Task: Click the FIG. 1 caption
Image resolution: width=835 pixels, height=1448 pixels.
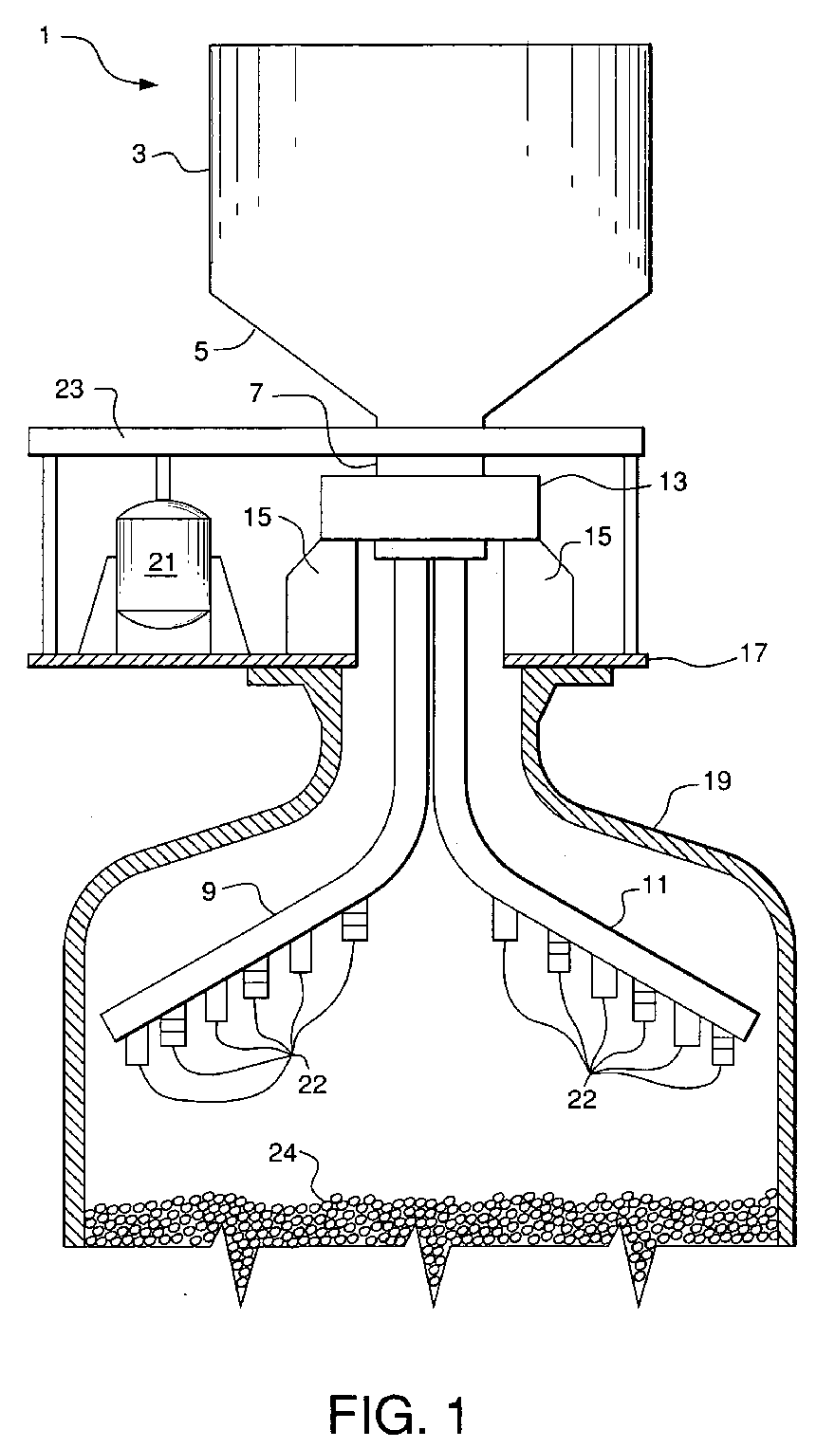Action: (x=398, y=1413)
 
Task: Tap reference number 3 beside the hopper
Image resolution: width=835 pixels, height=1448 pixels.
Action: (x=139, y=156)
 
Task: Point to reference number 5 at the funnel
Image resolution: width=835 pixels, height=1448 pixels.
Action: (x=201, y=352)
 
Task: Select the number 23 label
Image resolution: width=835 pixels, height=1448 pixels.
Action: (x=70, y=390)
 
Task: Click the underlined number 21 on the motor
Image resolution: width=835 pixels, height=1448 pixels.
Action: (x=161, y=562)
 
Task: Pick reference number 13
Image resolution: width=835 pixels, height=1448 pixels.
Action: (x=674, y=481)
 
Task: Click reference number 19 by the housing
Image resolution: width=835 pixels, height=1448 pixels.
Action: (x=716, y=781)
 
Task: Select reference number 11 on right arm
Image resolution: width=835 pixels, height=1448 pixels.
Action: (x=653, y=885)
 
